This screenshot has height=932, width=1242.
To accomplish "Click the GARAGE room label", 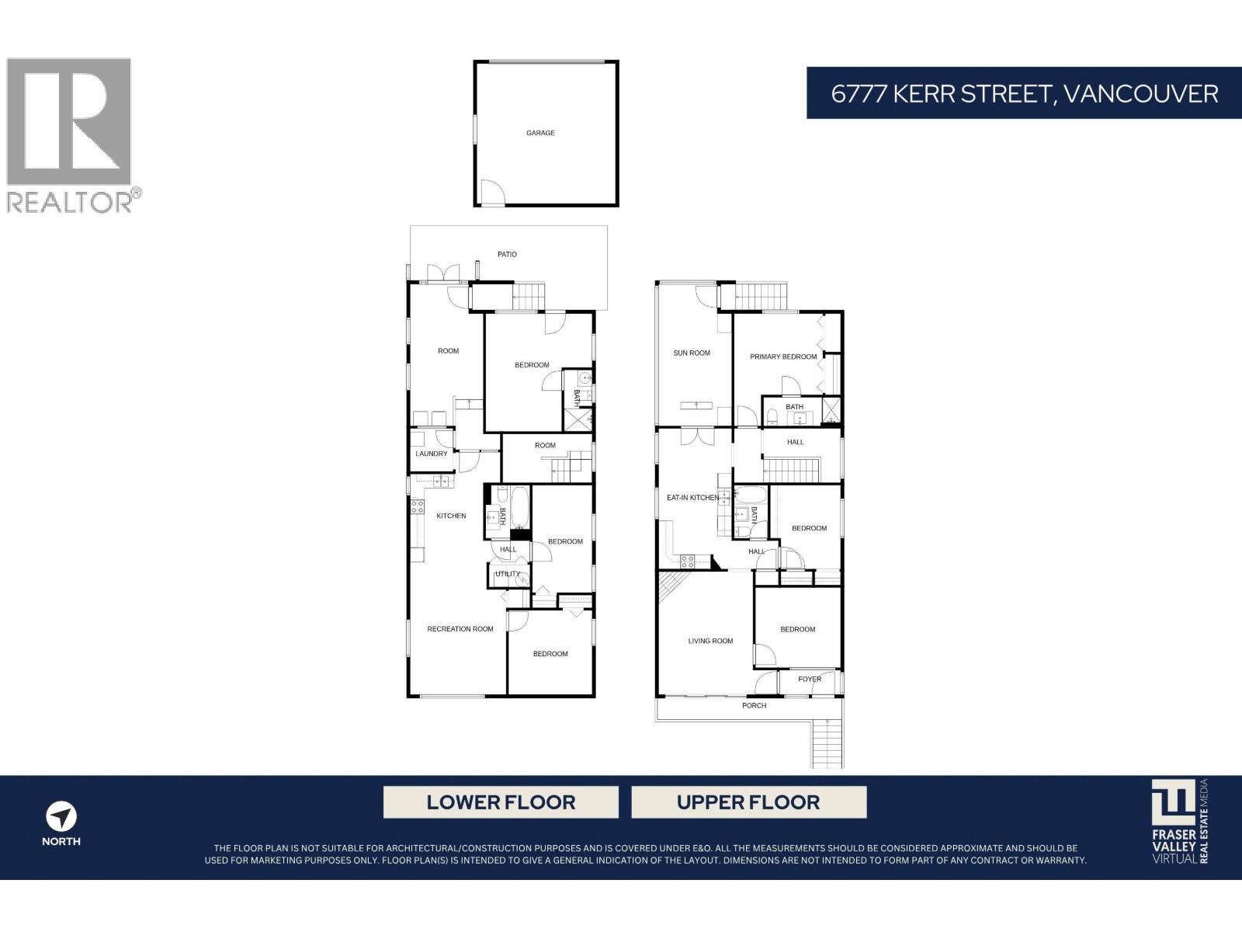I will (x=540, y=133).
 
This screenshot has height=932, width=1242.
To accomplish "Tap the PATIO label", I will (x=507, y=254).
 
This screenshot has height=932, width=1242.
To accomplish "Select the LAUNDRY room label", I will (x=432, y=454).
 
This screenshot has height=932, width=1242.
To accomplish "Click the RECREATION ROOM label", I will (x=460, y=628).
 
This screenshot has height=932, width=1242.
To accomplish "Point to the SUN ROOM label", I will (x=692, y=353).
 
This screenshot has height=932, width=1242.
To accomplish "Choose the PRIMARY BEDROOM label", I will (x=783, y=356).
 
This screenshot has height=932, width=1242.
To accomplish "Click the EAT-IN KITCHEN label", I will (x=692, y=497).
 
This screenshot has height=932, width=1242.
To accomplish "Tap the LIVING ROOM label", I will (x=710, y=641).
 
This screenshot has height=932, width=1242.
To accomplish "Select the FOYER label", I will (x=810, y=679).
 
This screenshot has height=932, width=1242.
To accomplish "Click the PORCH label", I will (x=754, y=705).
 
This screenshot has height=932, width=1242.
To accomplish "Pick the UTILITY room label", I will (x=508, y=574).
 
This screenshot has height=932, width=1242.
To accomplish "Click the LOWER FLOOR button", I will (x=501, y=802).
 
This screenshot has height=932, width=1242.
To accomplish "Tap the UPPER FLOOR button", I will (x=748, y=802).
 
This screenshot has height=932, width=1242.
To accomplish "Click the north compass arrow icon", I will (x=61, y=817).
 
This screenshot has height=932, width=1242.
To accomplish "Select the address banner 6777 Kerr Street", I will (x=1024, y=93).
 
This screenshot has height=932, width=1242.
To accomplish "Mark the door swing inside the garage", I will (x=491, y=192).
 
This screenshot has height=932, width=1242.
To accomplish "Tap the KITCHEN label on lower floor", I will (x=451, y=516).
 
